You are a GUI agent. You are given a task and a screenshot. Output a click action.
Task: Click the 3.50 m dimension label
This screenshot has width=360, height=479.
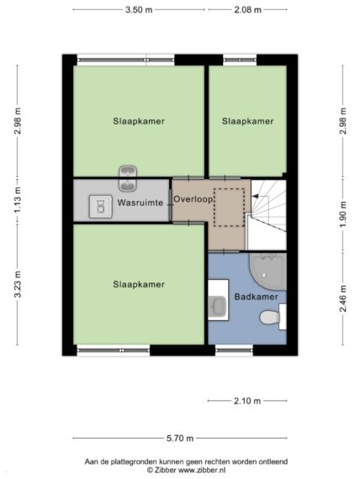[139, 10]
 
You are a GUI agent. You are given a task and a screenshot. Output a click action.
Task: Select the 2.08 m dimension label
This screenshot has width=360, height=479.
[247, 10]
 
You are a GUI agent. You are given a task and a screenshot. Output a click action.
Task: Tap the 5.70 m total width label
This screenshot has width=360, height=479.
[180, 439]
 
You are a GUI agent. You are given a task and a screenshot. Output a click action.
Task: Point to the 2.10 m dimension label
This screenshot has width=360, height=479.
[247, 401]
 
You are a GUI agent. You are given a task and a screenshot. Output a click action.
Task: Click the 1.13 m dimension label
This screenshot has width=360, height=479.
[18, 200]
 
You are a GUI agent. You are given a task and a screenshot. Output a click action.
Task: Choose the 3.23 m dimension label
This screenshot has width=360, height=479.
[18, 284]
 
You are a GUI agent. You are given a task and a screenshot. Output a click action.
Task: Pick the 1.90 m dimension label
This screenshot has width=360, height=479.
[343, 214]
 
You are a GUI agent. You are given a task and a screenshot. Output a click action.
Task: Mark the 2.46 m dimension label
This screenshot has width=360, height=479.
[343, 298]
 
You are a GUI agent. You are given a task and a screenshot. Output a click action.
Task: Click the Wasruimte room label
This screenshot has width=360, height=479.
[140, 203]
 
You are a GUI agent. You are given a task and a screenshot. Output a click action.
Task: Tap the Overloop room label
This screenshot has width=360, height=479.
[193, 199]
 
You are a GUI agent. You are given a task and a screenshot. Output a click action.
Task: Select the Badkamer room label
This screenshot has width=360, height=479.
[256, 297]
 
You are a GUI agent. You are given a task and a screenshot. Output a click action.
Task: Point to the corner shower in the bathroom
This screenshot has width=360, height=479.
[268, 271]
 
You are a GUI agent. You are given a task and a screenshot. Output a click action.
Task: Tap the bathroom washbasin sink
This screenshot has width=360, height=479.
[218, 304]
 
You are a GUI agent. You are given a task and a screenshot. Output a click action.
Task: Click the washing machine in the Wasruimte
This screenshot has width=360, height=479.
[101, 207]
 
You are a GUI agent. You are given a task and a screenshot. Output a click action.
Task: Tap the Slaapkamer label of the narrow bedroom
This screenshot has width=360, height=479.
[247, 121]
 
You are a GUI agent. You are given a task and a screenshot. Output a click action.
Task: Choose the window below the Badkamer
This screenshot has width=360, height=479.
[234, 350]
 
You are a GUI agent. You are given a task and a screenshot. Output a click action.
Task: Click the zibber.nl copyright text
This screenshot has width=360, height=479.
[186, 470]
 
